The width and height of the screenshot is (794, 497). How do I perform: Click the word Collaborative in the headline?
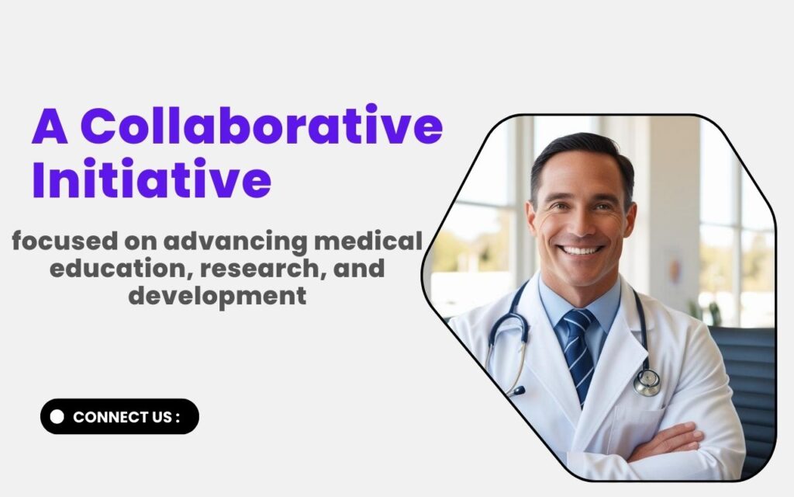point(261,125)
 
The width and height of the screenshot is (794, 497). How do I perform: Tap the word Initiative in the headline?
point(151,178)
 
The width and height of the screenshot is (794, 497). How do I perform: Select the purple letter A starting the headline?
point(50,126)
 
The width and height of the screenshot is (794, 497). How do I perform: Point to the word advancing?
point(235,242)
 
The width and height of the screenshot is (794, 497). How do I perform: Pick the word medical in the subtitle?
point(368,241)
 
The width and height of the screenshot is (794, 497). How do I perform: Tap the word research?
point(264,269)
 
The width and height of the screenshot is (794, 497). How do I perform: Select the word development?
point(217,297)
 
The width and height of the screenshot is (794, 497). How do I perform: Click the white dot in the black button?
point(57,416)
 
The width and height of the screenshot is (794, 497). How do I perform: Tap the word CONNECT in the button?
point(104,417)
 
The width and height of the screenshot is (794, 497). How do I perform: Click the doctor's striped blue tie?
point(578,353)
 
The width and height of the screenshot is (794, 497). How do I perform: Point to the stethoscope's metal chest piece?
point(647,383)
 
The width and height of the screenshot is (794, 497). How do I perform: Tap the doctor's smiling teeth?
point(581,250)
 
